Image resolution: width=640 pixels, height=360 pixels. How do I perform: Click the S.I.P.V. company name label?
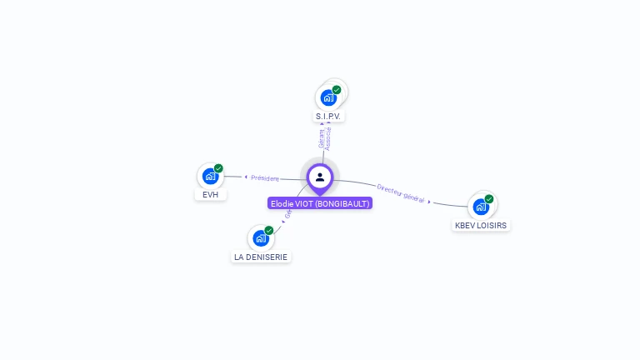click(330, 117)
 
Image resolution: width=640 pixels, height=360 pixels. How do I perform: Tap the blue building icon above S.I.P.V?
click(328, 97)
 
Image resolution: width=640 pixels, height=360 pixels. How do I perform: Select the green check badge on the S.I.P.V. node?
click(337, 90)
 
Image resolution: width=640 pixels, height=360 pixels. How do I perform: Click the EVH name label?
click(211, 195)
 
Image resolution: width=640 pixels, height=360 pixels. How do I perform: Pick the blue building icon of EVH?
click(210, 176)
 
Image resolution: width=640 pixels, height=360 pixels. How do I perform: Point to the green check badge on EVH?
click(218, 168)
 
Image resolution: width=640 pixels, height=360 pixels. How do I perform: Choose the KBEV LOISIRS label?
click(481, 225)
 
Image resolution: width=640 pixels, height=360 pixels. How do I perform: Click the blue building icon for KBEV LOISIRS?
click(481, 207)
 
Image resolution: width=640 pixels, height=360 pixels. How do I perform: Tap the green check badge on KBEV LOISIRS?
click(489, 199)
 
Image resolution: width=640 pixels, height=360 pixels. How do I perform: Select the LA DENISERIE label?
click(261, 257)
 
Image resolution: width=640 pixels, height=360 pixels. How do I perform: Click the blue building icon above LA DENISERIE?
click(261, 238)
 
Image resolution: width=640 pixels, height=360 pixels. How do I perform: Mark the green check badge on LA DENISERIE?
click(269, 231)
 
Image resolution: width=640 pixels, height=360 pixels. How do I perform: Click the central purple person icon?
click(320, 177)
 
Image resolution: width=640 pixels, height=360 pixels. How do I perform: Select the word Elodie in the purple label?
click(282, 203)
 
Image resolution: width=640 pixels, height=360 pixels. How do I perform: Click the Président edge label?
click(265, 177)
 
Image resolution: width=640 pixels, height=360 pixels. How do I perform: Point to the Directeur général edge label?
click(401, 194)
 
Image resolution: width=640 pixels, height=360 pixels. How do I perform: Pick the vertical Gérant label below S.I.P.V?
click(322, 137)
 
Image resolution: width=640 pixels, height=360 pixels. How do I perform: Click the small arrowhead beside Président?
click(246, 177)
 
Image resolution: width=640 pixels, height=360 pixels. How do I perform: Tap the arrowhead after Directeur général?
click(430, 202)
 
